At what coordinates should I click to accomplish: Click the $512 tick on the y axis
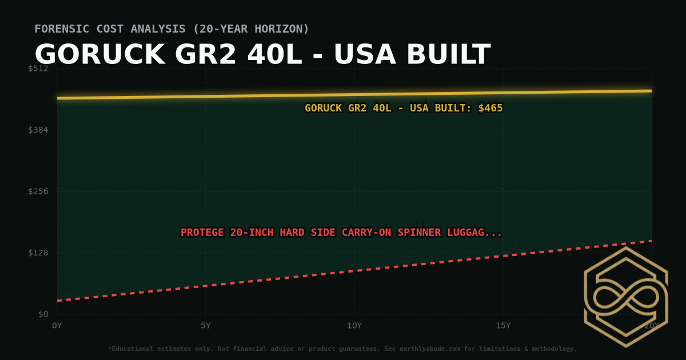pos(38,69)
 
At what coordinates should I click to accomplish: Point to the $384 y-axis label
pos(38,130)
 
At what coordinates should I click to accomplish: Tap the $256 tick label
pos(38,191)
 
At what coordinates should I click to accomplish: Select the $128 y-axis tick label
pos(38,253)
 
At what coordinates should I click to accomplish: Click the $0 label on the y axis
pos(43,314)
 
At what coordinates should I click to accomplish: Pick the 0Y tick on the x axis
pos(57,326)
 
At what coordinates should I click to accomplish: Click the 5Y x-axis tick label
pos(206,326)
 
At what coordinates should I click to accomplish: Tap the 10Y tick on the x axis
pos(354,326)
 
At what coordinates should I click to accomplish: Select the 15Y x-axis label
pos(503,326)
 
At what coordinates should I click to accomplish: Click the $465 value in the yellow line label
pos(490,108)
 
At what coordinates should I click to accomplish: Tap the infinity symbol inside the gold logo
pos(625,297)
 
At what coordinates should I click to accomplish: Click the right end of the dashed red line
pos(651,241)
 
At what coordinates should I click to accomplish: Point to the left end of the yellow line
pos(58,98)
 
